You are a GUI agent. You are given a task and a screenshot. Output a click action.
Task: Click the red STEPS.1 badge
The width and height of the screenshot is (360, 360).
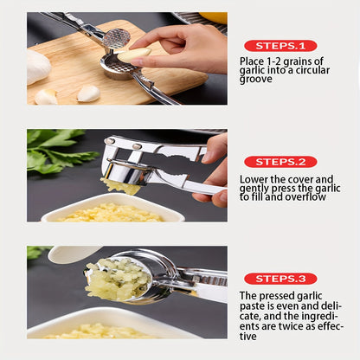coord(280,45)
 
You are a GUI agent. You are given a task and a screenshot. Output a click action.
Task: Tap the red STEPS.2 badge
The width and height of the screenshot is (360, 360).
coord(280,161)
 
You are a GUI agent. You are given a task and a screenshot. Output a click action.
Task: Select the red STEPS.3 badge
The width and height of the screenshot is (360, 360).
coord(280,278)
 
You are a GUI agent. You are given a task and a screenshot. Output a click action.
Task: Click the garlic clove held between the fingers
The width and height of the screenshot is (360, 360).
coord(133,55)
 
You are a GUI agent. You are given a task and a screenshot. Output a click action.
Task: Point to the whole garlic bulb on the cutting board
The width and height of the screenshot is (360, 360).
coord(37,66)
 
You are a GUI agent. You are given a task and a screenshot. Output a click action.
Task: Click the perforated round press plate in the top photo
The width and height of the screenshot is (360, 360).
coord(116,38)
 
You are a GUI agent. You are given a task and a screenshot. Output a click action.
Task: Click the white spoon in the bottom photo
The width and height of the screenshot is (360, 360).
coord(69,254)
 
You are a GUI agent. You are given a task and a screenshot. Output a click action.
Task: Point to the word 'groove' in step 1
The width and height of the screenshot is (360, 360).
coord(257,80)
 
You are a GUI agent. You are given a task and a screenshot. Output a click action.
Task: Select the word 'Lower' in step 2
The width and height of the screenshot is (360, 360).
coord(254,179)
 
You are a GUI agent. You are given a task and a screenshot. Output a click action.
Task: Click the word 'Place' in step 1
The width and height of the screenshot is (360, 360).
coord(254,61)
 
